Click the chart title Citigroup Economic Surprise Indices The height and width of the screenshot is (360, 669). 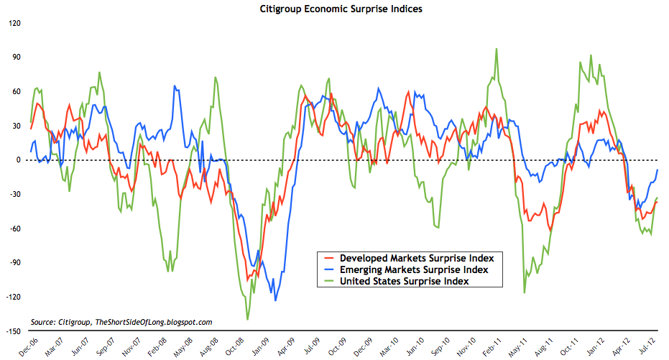coord(334,11)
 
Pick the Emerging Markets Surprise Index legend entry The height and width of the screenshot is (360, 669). coord(414,269)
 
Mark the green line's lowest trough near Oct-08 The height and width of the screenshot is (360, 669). coord(248,319)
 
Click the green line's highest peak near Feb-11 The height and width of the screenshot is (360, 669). coord(497,49)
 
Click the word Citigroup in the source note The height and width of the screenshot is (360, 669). coord(77,323)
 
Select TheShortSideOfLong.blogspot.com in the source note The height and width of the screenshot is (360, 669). coord(154,323)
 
